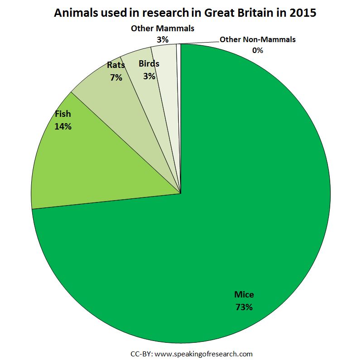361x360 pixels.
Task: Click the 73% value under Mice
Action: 244,307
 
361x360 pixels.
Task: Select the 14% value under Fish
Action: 63,126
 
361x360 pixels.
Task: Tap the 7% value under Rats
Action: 116,77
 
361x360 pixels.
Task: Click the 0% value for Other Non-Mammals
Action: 258,50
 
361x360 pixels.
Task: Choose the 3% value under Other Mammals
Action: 163,39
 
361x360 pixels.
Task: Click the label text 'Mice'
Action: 244,294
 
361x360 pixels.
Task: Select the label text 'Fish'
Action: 63,114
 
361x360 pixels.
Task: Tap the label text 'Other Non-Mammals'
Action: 258,39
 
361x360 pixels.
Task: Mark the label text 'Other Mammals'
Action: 163,29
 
